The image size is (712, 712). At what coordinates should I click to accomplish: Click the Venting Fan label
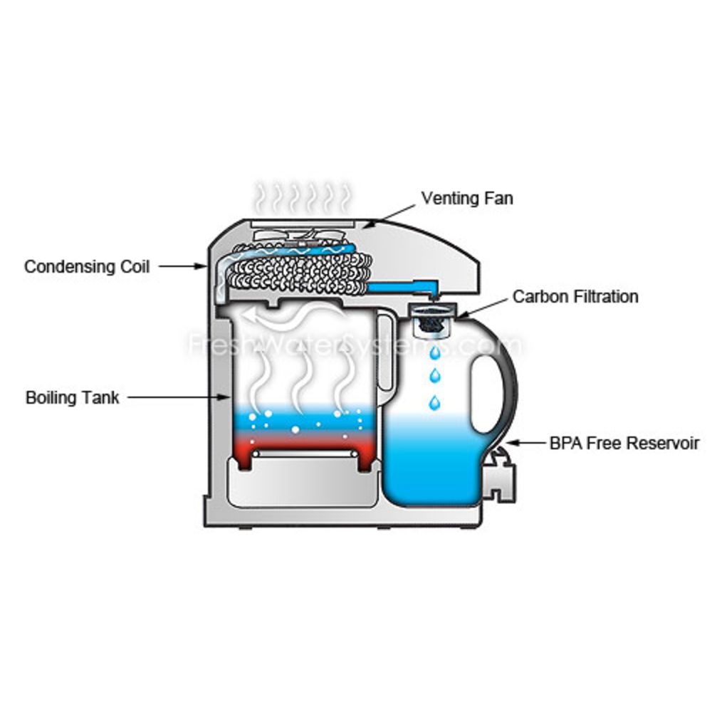[466, 197]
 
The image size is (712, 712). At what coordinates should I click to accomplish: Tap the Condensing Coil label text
[87, 266]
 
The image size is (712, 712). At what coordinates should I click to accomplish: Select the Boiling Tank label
[72, 397]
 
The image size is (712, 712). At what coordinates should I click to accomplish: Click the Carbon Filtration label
[575, 296]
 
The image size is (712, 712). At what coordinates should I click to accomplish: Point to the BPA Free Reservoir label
[624, 443]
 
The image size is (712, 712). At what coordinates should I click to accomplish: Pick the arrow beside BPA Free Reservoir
[525, 443]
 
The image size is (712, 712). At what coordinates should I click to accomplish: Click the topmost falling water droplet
[434, 352]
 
